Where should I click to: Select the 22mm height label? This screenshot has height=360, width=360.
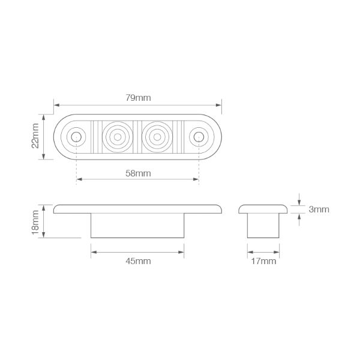click(35, 137)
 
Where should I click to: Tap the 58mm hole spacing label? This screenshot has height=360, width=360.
click(138, 173)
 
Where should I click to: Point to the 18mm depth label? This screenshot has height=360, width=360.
click(35, 221)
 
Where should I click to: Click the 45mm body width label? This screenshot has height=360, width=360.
click(139, 260)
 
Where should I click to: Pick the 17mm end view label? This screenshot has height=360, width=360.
click(264, 260)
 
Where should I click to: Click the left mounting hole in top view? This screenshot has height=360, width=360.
click(77, 137)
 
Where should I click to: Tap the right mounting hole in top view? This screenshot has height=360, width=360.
click(199, 137)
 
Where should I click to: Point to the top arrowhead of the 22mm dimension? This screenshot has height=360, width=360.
click(43, 116)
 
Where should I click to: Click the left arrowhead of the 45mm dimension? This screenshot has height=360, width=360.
click(93, 253)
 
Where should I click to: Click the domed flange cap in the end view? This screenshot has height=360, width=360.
click(265, 208)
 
